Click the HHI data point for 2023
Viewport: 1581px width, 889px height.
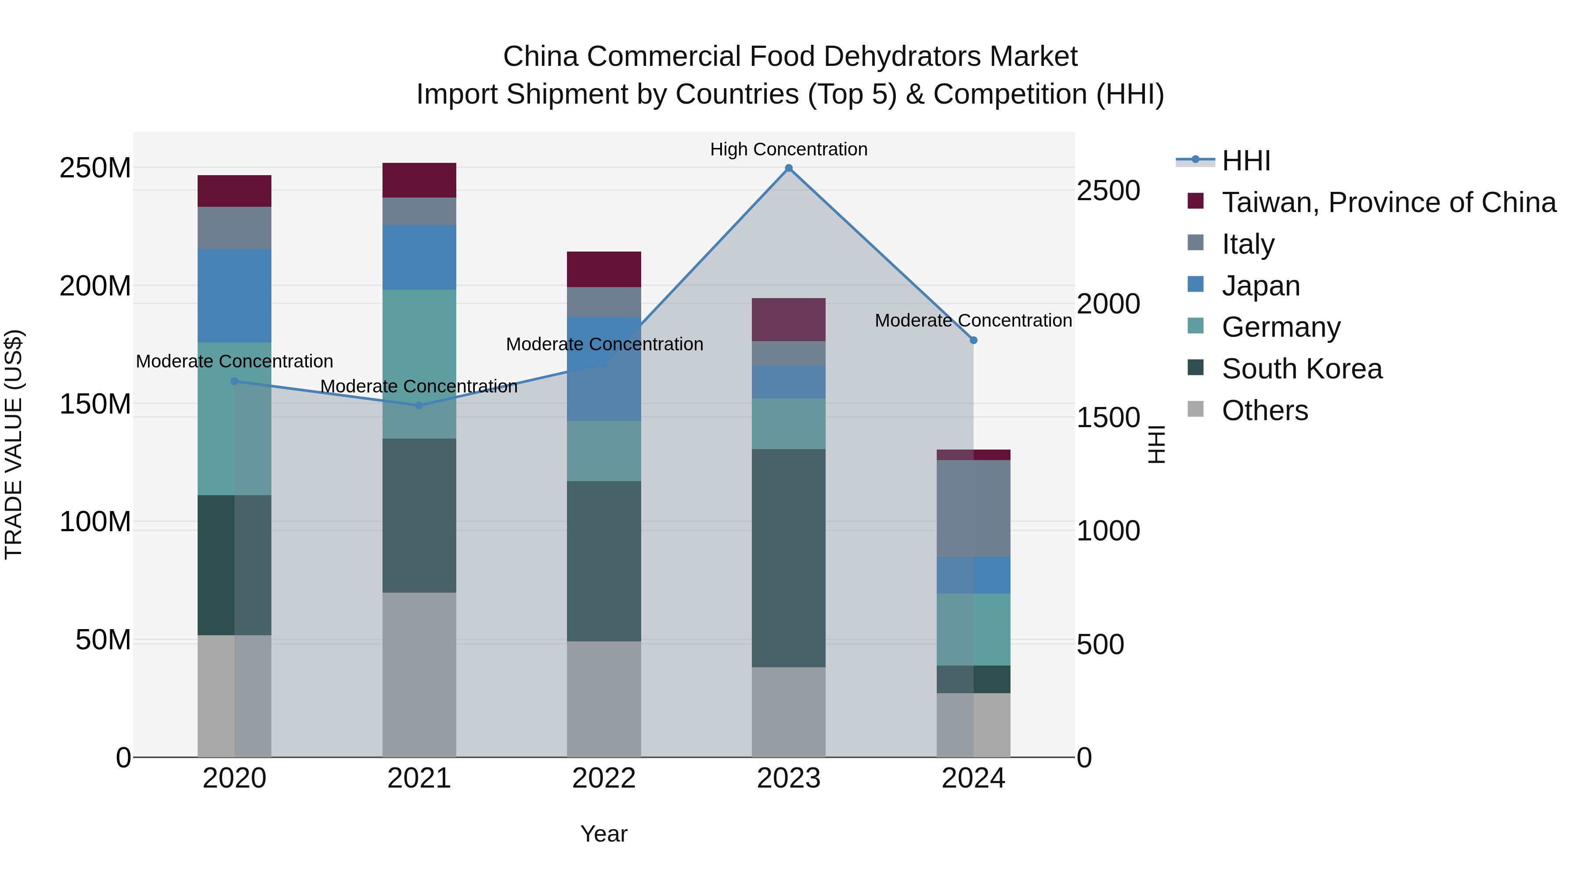[789, 168]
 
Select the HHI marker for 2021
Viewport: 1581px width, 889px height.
[419, 406]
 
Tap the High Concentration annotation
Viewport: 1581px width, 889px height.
[789, 149]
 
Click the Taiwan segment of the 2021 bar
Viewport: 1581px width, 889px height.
[419, 180]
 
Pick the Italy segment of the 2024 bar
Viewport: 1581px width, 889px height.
[973, 508]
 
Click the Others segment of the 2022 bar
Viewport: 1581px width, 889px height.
[604, 699]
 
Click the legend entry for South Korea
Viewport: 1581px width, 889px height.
[1301, 369]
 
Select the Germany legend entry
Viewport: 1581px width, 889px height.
[1281, 327]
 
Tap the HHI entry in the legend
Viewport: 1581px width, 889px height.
[1245, 161]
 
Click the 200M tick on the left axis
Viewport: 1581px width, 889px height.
[95, 286]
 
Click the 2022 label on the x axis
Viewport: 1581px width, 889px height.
[604, 778]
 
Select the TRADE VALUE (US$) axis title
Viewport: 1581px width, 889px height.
[14, 444]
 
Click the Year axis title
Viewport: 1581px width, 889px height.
[604, 834]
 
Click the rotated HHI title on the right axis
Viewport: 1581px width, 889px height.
[1156, 444]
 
